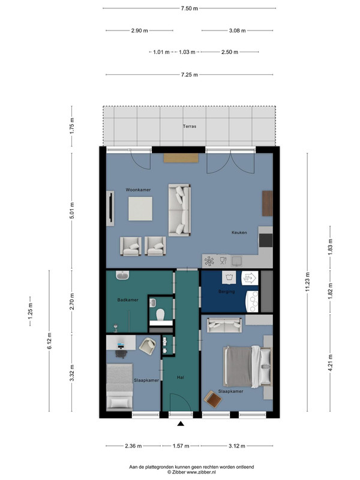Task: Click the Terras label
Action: click(190, 126)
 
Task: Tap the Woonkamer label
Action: click(138, 190)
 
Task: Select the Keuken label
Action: click(239, 233)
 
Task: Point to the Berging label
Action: click(227, 292)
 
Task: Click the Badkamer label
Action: click(128, 300)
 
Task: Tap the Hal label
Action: click(181, 377)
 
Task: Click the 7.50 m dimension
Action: click(189, 8)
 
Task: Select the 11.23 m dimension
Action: click(307, 282)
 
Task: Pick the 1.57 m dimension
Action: click(181, 446)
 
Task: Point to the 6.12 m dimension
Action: click(49, 341)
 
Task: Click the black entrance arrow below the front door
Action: click(181, 424)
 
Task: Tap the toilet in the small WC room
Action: click(160, 314)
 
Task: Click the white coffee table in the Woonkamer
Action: click(140, 208)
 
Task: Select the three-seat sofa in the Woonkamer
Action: click(179, 210)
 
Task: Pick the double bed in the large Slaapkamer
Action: click(247, 367)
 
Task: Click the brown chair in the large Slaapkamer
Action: click(213, 399)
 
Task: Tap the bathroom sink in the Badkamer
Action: click(123, 275)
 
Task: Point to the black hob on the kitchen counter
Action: click(266, 241)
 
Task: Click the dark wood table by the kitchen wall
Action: click(267, 203)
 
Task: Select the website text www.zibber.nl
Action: click(201, 472)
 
